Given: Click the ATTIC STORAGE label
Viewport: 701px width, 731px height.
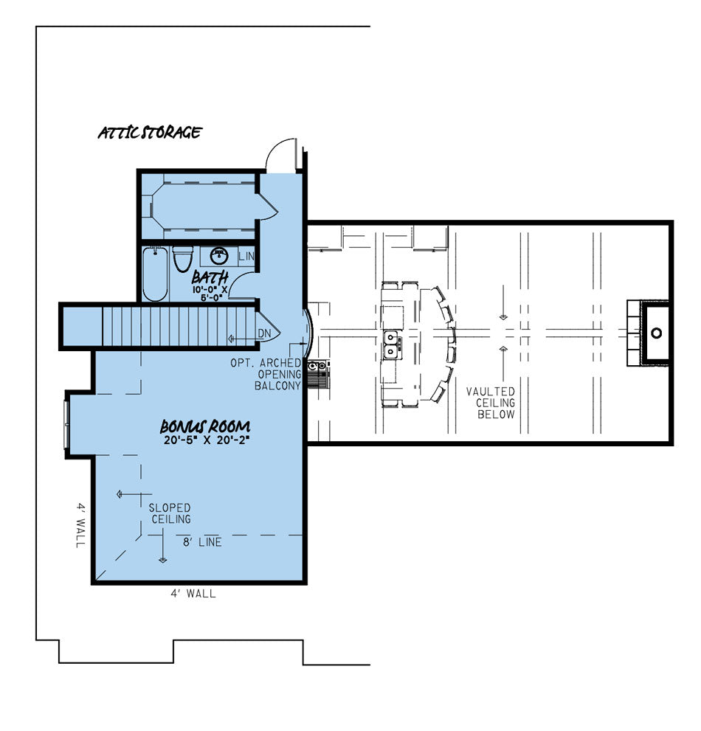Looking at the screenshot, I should coord(150,134).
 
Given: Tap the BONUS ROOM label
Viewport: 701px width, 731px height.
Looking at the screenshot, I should coord(206,427).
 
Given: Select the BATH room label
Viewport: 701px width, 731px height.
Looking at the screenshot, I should coord(210,278).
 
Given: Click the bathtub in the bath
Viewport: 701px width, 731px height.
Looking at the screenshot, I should coord(155,274).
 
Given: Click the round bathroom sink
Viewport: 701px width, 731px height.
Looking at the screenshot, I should coord(219,256).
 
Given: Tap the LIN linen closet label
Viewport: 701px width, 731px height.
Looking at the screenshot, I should coord(246,257).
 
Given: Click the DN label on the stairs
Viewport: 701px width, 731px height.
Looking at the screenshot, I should coord(263,333).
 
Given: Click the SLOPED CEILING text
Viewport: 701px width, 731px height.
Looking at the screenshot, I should coord(170,513).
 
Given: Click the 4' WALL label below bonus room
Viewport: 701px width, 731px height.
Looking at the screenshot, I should coord(192,593).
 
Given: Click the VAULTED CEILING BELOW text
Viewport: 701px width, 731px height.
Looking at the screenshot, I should coord(490,403).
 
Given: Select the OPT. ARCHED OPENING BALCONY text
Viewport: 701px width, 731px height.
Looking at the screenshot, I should coord(277,374).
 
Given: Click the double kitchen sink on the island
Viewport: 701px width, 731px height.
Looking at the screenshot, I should coord(393,344).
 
